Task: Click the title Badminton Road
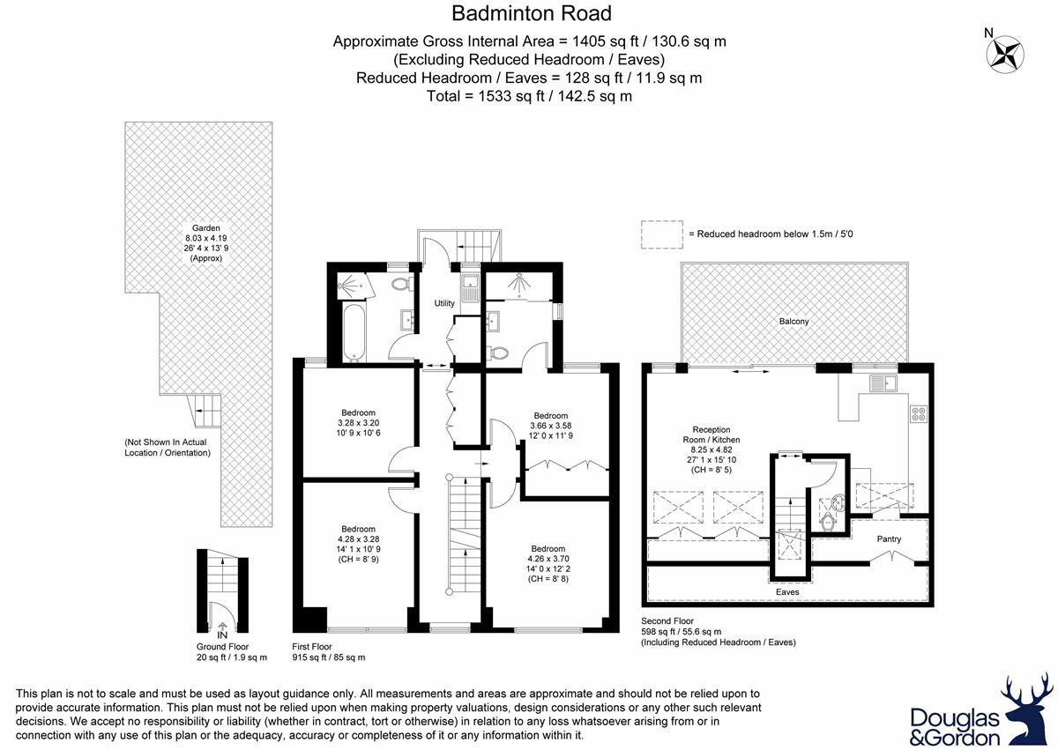[x=531, y=13]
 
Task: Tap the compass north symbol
[x=1003, y=53]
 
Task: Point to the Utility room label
[x=444, y=303]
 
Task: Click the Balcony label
[x=793, y=322]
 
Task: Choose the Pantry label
[x=888, y=538]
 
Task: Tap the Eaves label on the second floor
[x=787, y=592]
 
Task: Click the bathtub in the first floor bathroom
[x=351, y=332]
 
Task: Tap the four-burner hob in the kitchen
[x=918, y=412]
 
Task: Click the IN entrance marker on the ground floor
[x=222, y=635]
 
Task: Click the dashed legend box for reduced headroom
[x=661, y=234]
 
